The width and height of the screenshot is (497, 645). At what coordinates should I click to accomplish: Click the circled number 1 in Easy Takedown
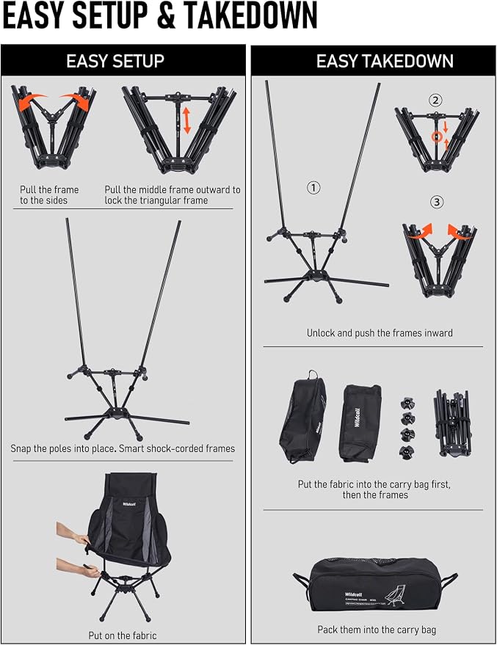point(313,188)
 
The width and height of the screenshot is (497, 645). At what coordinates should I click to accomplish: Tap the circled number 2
point(435,100)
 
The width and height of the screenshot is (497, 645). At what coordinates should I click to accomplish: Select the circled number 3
point(437,202)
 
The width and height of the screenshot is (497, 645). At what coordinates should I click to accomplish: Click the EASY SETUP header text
point(115,61)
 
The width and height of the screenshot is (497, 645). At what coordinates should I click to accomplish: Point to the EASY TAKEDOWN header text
point(385,61)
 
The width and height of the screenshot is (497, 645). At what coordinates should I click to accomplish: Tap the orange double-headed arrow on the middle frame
point(187,120)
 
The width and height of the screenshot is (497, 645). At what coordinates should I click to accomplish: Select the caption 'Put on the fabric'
point(123,635)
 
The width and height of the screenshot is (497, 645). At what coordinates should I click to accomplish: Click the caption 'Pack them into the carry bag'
point(377,630)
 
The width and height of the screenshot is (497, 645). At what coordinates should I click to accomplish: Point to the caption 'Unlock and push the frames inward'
point(380,333)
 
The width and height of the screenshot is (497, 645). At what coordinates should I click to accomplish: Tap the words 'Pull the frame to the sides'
point(49,195)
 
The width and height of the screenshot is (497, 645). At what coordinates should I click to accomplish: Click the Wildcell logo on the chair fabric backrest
point(129,503)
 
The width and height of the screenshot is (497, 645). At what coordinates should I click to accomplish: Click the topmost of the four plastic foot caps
point(407,403)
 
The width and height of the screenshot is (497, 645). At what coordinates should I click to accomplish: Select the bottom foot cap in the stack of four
point(407,452)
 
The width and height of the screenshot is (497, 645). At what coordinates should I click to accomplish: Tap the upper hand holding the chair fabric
point(73,533)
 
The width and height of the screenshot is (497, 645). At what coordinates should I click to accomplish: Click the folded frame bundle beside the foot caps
point(453,423)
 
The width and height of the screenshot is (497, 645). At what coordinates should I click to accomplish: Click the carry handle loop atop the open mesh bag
point(313,374)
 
